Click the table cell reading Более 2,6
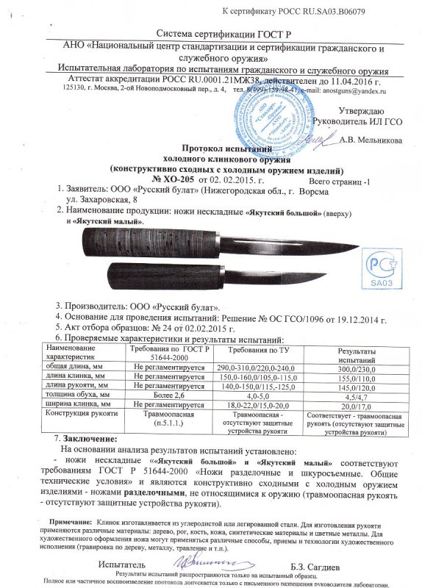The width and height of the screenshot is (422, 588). click(x=160, y=394)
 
